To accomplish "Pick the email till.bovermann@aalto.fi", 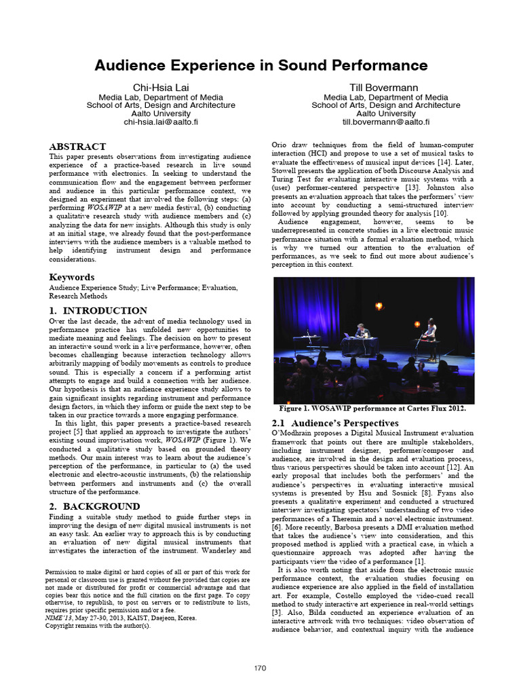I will click(385, 123).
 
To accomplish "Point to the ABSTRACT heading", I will click(77, 147).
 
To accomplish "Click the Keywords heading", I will click(71, 278).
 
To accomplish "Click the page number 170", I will click(260, 669).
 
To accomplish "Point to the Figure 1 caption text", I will click(372, 409).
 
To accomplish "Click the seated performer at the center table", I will click(360, 331).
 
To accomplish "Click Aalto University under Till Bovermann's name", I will click(385, 114).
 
